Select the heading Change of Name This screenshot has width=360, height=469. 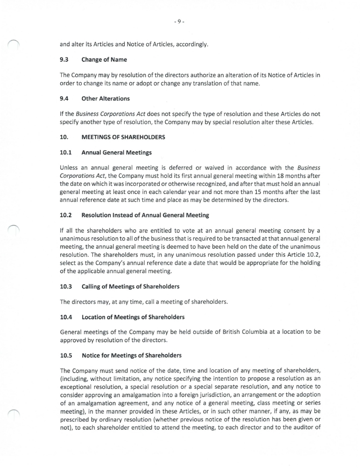coord(104,60)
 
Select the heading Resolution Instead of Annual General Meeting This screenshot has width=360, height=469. coord(145,216)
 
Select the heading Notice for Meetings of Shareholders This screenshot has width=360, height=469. coord(132,355)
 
